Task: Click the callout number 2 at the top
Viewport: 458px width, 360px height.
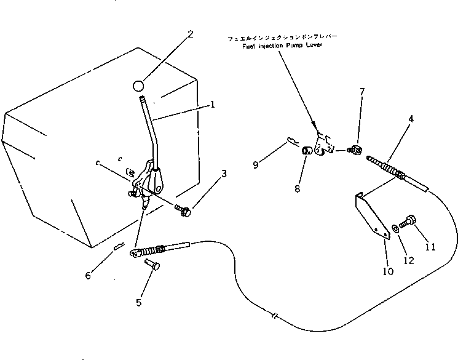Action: point(191,34)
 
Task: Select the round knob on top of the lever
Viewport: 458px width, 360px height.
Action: point(140,84)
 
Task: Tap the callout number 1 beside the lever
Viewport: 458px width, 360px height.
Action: point(212,105)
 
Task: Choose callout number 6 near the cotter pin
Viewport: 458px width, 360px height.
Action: point(88,274)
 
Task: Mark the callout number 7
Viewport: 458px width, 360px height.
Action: point(361,92)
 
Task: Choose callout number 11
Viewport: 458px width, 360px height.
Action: point(430,247)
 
